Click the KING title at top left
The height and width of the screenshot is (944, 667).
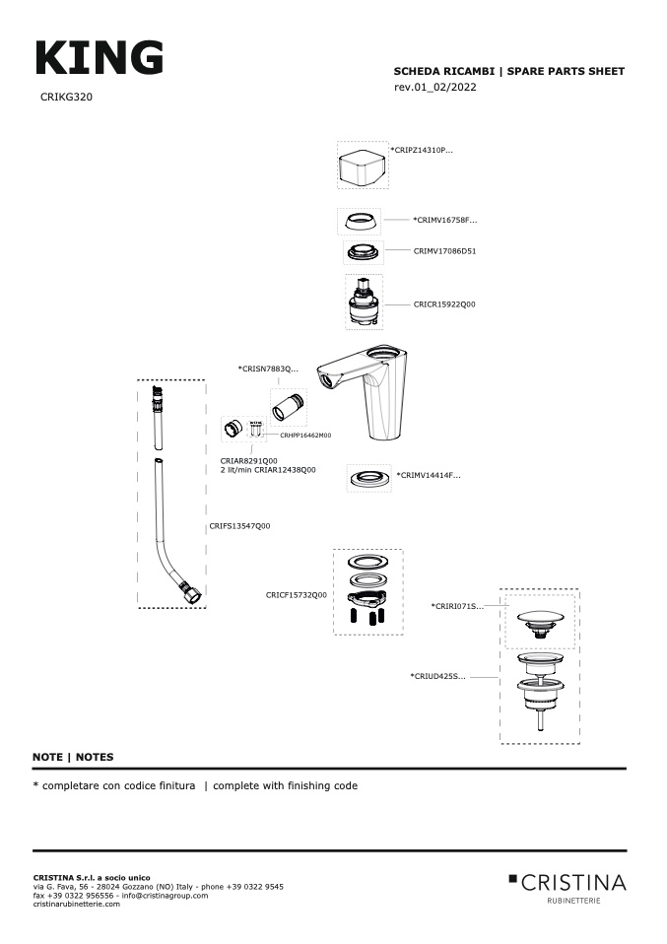coord(100,58)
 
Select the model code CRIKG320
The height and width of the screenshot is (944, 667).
coord(66,97)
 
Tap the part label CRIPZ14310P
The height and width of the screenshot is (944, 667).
coord(422,150)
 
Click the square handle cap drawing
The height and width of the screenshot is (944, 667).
coord(362,167)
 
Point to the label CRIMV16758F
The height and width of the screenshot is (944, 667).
coord(445,220)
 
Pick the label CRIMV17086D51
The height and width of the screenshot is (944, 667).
coord(445,251)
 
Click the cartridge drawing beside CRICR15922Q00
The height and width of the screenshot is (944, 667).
coord(365,303)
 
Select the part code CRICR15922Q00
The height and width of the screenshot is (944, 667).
coord(444,304)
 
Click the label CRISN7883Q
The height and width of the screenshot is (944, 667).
coord(268,369)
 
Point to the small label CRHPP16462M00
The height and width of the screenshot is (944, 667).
coord(305,436)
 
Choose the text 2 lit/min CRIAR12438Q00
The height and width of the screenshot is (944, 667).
coord(268,470)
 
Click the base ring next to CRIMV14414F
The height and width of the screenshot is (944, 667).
coord(368,479)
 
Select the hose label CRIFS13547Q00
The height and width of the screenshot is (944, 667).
coord(239,525)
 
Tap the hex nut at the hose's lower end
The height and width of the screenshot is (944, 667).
coord(193,594)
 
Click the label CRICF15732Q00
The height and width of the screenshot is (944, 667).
coord(297,595)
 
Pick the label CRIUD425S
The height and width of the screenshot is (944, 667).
coord(437,676)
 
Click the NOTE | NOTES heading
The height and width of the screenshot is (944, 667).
coord(73,757)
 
